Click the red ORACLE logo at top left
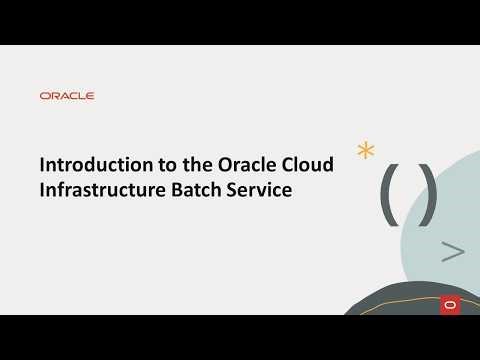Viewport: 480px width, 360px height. [x=67, y=96]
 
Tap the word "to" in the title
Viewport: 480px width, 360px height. [x=146, y=165]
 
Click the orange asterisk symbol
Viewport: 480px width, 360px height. [x=367, y=151]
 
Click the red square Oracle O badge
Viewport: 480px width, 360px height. [x=449, y=303]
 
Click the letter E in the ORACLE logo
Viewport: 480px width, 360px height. [x=90, y=96]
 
